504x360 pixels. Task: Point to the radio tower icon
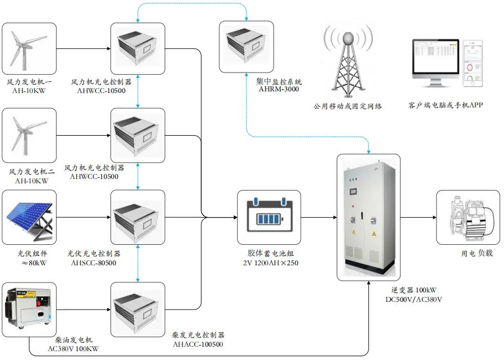tap(347, 64)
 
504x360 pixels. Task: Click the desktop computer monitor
tap(434, 64)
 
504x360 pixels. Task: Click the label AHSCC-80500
tap(94, 263)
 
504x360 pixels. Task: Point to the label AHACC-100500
tap(198, 344)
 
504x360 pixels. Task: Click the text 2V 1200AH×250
tap(269, 263)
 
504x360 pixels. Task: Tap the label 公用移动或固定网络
tap(347, 106)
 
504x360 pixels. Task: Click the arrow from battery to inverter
tap(318, 217)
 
